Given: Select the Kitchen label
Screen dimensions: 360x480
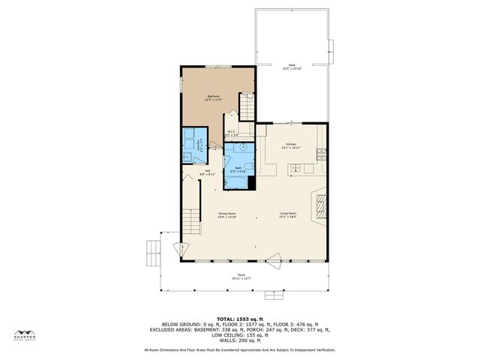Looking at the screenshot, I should tap(291, 145).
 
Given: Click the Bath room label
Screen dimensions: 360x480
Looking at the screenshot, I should tap(238, 169).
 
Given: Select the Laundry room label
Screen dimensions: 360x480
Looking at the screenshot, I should tap(199, 145).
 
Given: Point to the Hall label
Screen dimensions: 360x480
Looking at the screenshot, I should tap(208, 172).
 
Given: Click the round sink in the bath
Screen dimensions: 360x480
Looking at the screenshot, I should tap(232, 148).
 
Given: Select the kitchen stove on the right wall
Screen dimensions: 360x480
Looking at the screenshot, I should tap(322, 155).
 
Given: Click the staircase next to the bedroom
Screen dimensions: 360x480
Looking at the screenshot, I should tap(247, 106).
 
